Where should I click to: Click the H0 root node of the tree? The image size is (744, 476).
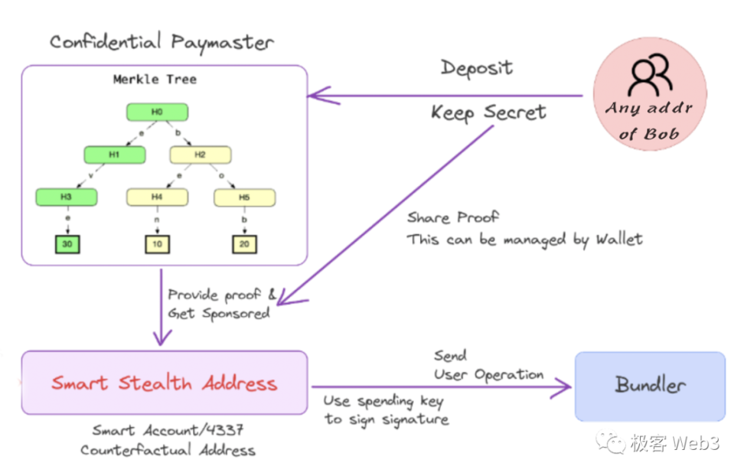point(157,112)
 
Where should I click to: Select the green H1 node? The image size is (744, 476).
point(114,155)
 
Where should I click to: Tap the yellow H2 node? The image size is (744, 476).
point(200,155)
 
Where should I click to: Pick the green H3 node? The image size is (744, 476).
point(67,197)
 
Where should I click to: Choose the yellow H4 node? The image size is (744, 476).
point(157,197)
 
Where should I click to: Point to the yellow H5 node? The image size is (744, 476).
point(244,197)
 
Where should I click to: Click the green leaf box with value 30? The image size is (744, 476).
point(67,245)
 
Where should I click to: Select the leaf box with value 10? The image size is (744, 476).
point(157,245)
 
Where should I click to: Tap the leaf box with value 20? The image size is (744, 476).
point(244,245)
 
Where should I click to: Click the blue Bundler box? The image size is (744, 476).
point(650,386)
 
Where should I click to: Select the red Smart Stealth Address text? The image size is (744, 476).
point(164,383)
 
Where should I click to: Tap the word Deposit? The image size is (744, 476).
point(476,68)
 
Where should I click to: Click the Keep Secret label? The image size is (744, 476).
point(488,113)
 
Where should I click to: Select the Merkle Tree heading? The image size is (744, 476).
point(154,80)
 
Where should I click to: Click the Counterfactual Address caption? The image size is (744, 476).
point(168,450)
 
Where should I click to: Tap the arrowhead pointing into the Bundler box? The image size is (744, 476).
point(565,387)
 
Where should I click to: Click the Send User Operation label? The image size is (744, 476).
point(488,366)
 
